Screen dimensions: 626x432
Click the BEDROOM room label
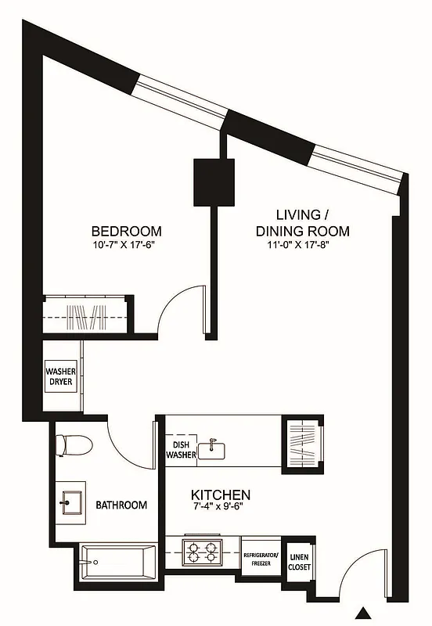pyautogui.click(x=127, y=231)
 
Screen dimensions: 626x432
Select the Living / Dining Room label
pyautogui.click(x=301, y=223)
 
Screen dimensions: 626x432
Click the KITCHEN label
pyautogui.click(x=221, y=495)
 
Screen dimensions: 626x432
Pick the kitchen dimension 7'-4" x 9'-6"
pyautogui.click(x=221, y=509)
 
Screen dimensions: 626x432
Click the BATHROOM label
pyautogui.click(x=121, y=505)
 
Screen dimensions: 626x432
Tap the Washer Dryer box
pyautogui.click(x=61, y=377)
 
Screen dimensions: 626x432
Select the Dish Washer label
pyautogui.click(x=178, y=450)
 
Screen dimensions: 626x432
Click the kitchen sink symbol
pyautogui.click(x=211, y=450)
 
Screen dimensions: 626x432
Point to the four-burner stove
pyautogui.click(x=203, y=552)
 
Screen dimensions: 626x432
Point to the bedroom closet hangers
pyautogui.click(x=86, y=318)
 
